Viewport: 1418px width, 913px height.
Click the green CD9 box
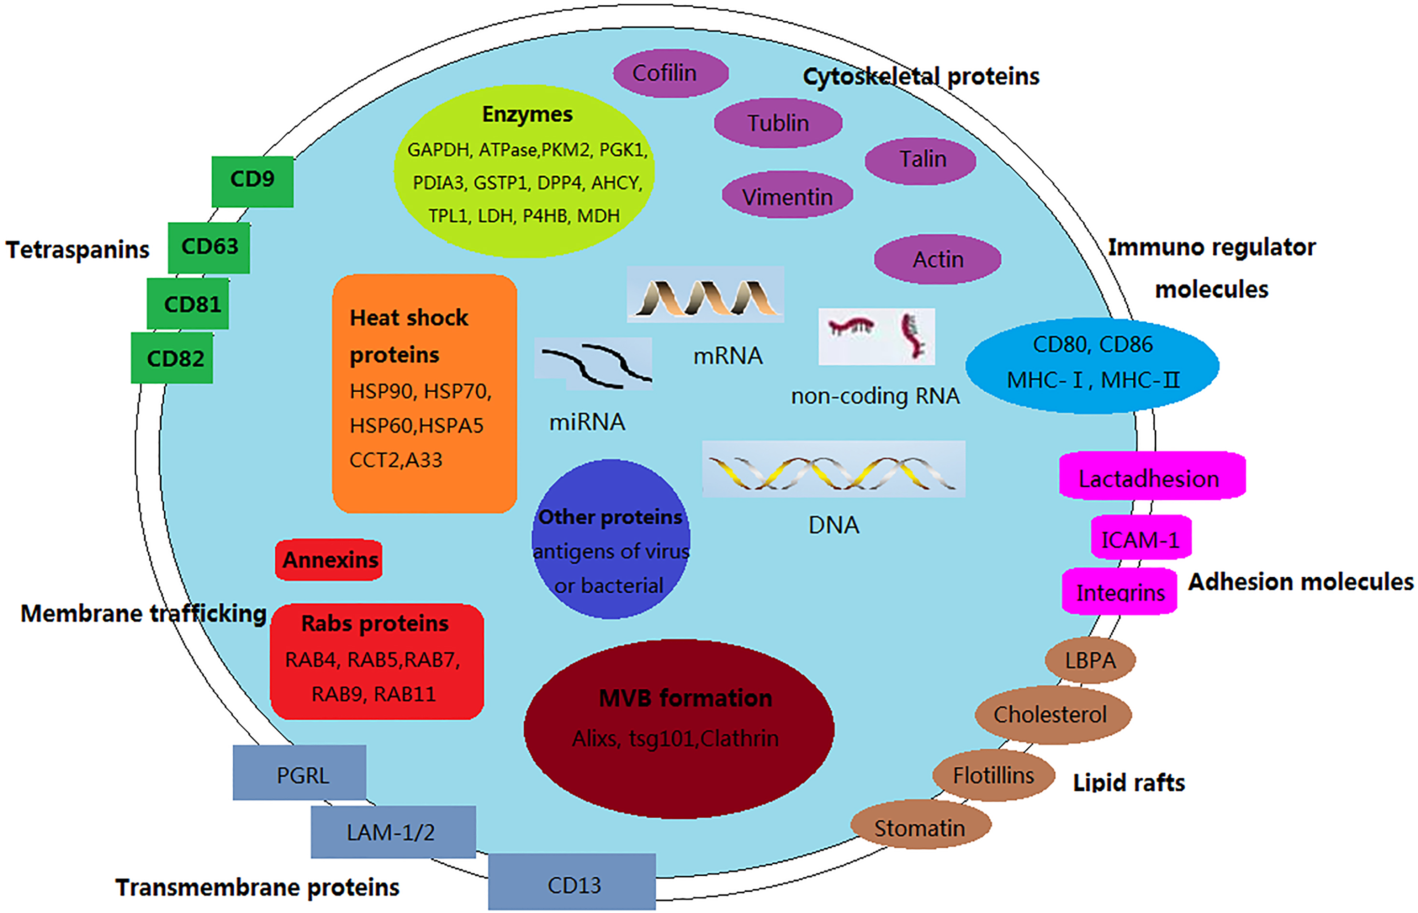253,182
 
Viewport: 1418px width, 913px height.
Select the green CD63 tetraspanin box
209,248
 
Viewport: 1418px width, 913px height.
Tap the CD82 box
172,357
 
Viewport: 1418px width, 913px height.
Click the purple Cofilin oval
670,73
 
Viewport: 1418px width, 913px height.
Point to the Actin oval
937,259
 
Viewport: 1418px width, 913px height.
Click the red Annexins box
329,560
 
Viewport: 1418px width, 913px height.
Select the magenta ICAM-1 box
1141,537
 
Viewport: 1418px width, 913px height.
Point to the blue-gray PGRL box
299,772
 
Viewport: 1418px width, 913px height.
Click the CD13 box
572,882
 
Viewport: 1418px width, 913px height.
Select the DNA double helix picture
833,469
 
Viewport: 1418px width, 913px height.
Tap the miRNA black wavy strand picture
593,363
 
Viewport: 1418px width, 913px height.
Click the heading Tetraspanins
78,250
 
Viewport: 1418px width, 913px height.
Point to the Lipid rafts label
1129,783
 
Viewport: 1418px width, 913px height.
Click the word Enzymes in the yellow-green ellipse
527,114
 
